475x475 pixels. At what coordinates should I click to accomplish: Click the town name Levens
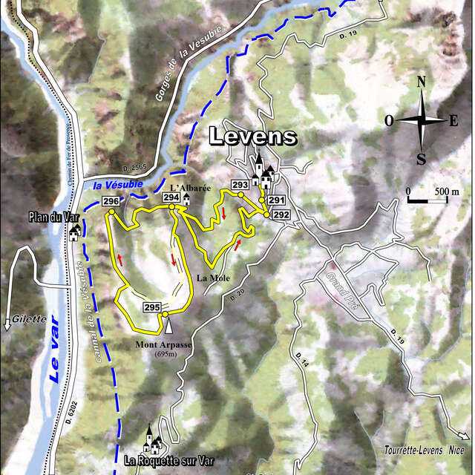[252, 137]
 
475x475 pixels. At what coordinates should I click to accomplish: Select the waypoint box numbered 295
[152, 307]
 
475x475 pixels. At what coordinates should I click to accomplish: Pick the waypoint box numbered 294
[171, 197]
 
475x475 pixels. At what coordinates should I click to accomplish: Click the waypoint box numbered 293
[240, 184]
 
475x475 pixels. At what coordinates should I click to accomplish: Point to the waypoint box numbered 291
[277, 200]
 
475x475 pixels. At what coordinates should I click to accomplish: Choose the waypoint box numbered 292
[281, 214]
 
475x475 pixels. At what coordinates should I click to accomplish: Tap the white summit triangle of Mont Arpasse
[168, 326]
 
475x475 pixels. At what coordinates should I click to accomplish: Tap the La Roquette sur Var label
[162, 460]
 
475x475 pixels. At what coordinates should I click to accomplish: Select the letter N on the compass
[422, 82]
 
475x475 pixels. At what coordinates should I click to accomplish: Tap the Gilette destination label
[28, 320]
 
